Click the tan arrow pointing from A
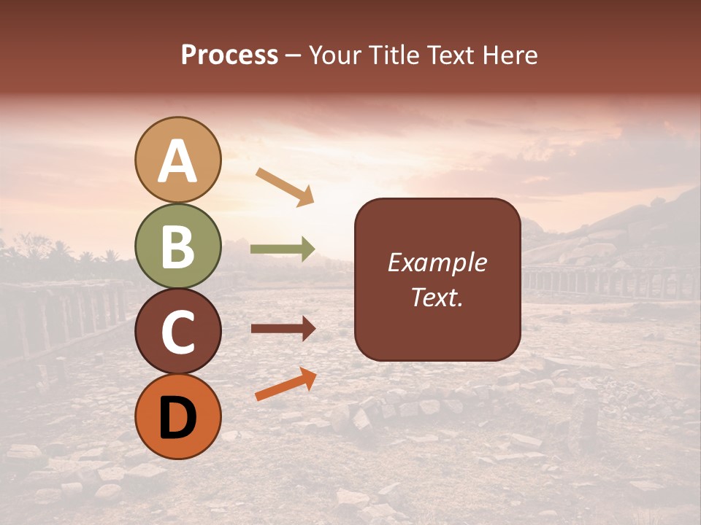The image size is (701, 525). [x=285, y=187]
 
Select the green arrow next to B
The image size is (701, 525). [x=283, y=249]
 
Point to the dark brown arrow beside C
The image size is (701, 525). [x=283, y=329]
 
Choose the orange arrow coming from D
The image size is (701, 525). [x=286, y=384]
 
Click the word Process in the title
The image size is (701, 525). [x=229, y=55]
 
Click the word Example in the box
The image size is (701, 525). [x=437, y=262]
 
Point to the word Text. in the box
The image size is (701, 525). [x=437, y=297]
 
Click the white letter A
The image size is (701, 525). [x=177, y=162]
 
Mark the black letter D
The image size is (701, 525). [x=177, y=418]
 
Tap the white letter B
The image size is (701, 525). [x=177, y=247]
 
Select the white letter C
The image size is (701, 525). [x=177, y=332]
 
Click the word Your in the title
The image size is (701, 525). [x=334, y=55]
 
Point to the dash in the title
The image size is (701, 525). [x=294, y=56]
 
